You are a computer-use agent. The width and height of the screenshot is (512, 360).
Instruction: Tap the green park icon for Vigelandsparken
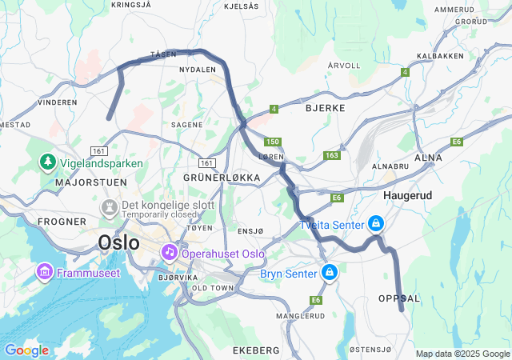pyautogui.click(x=48, y=163)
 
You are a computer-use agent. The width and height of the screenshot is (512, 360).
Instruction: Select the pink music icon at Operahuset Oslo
pyautogui.click(x=170, y=253)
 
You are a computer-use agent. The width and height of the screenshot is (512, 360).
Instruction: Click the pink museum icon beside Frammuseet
pyautogui.click(x=43, y=273)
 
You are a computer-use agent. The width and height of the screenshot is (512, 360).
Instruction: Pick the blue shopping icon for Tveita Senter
pyautogui.click(x=376, y=224)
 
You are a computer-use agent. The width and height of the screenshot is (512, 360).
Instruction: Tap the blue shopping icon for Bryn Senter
pyautogui.click(x=329, y=274)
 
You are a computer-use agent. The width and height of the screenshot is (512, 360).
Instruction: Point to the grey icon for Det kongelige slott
pyautogui.click(x=107, y=208)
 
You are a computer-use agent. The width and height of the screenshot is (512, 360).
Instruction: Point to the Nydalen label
pyautogui.click(x=198, y=70)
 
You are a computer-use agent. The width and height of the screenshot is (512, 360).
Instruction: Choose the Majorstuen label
pyautogui.click(x=81, y=182)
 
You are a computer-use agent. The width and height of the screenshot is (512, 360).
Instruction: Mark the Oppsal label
pyautogui.click(x=398, y=298)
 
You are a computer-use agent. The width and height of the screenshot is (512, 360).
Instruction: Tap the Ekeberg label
pyautogui.click(x=256, y=350)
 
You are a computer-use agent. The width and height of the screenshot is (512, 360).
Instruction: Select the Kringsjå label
pyautogui.click(x=130, y=5)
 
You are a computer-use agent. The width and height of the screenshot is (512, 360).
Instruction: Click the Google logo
pyautogui.click(x=26, y=350)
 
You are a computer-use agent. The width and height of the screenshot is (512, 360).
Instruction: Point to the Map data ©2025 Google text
pyautogui.click(x=462, y=354)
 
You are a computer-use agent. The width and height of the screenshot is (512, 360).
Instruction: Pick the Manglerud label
pyautogui.click(x=300, y=316)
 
